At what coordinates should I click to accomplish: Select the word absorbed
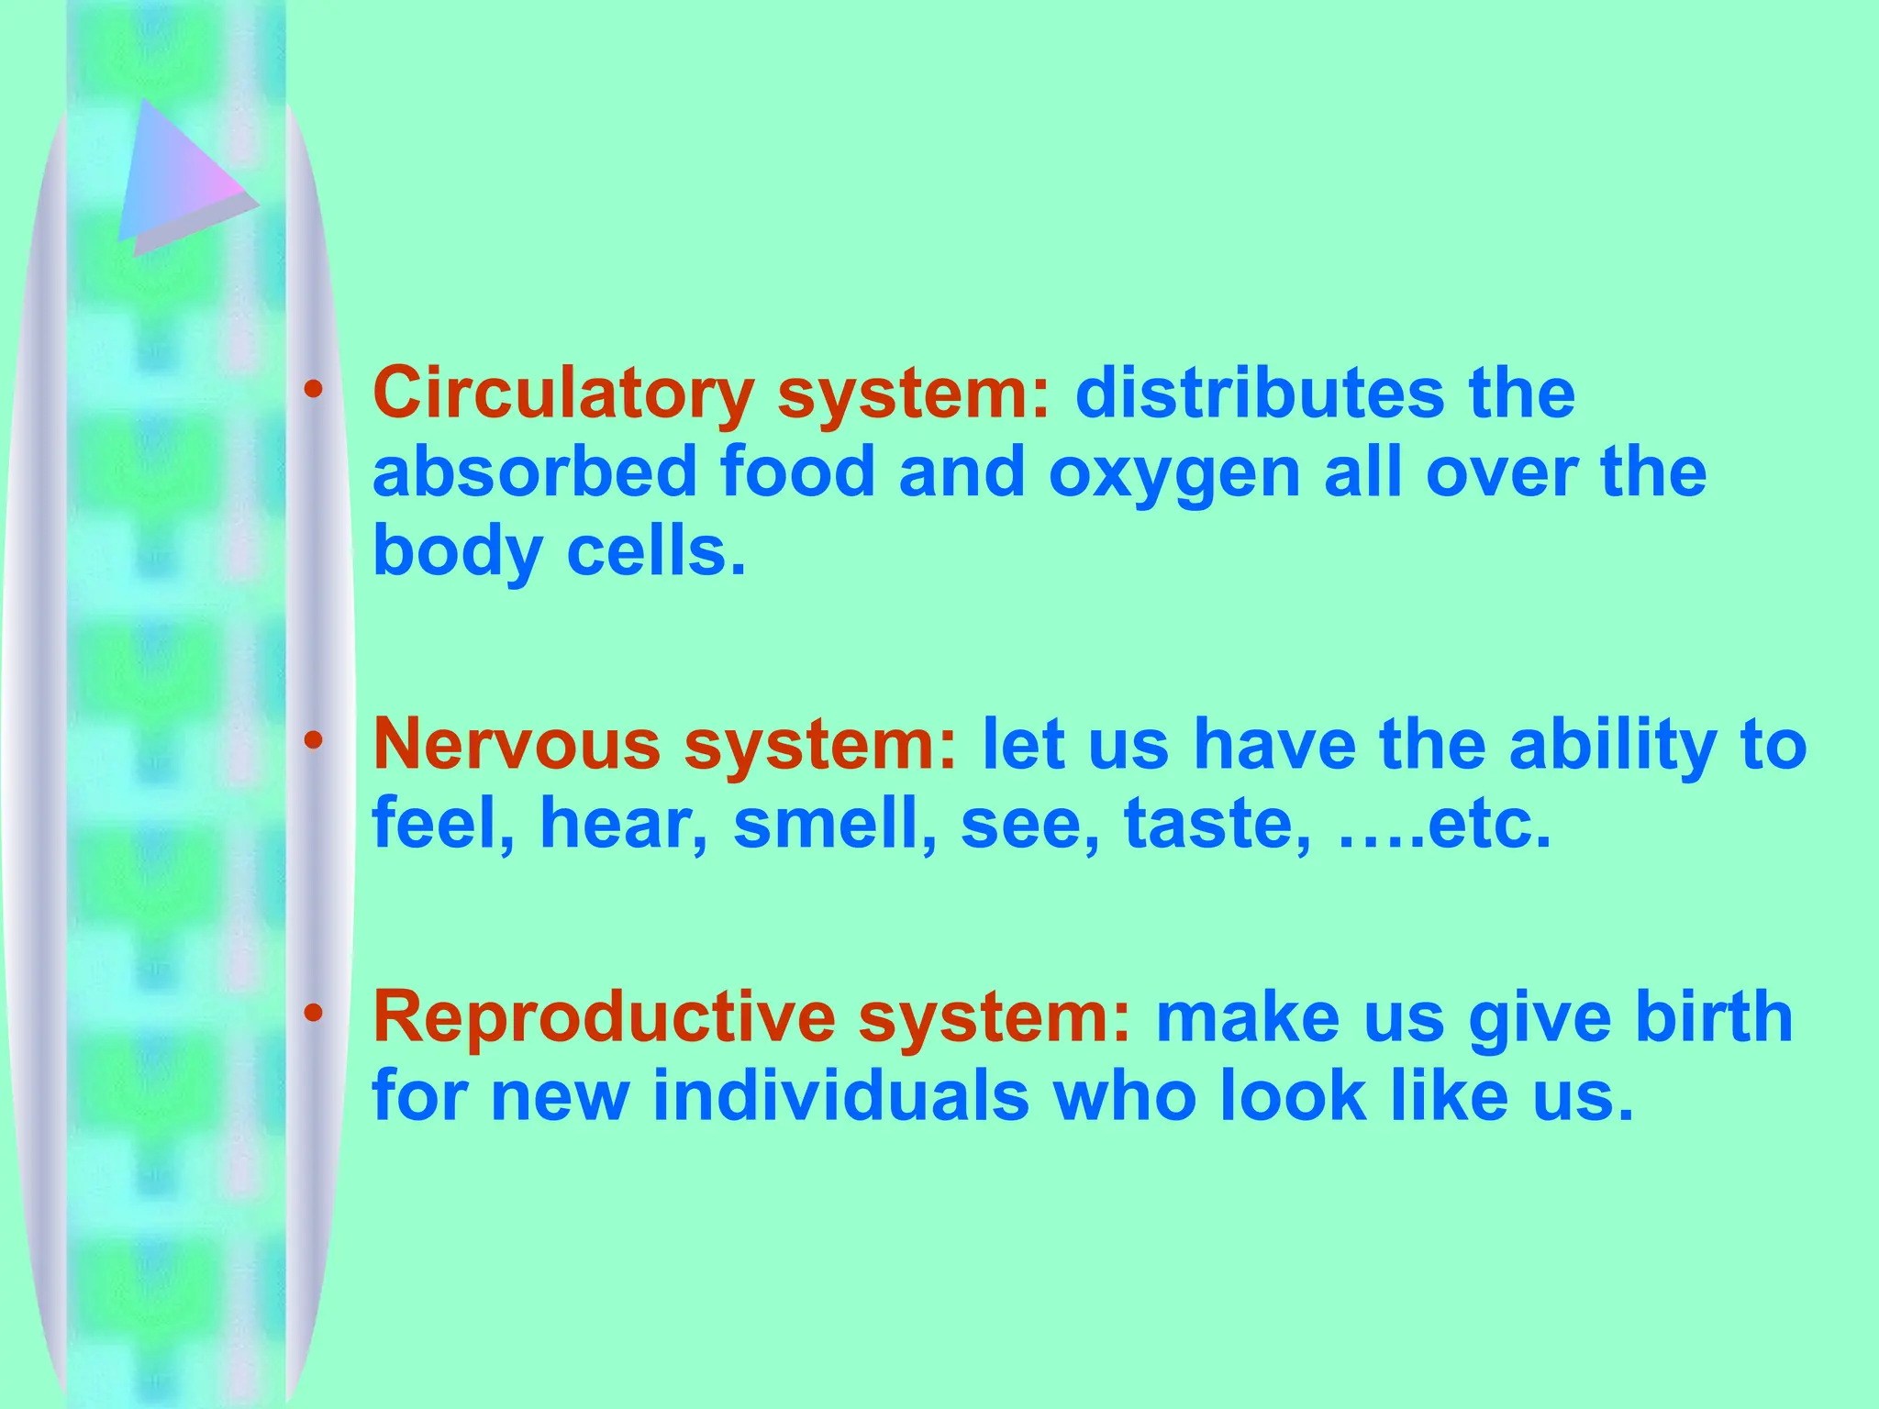tap(534, 472)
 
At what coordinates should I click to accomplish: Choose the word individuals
tap(840, 1096)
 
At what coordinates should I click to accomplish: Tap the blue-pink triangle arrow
tap(179, 179)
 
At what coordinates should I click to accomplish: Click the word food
tap(797, 472)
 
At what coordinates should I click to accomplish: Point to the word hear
tap(623, 823)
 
